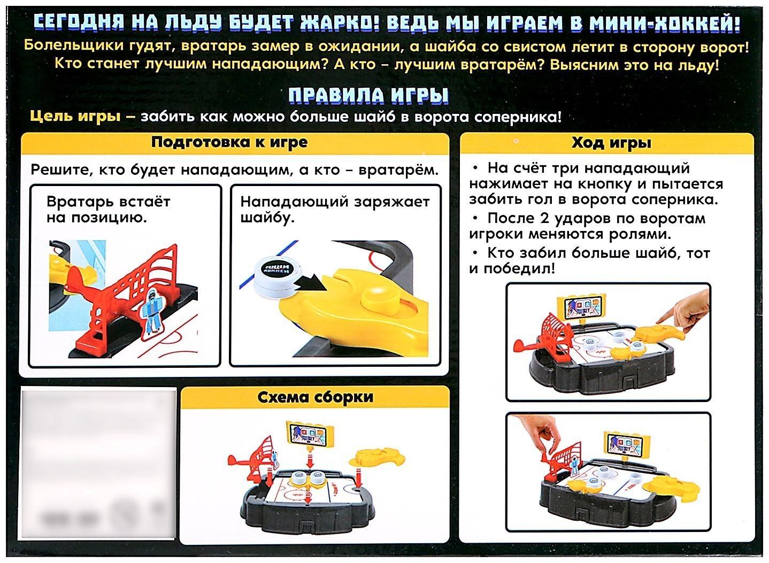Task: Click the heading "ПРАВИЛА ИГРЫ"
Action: [x=368, y=95]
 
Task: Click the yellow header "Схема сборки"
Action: [x=315, y=397]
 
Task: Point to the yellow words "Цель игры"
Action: [x=75, y=117]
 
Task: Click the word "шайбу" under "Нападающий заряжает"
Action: [x=268, y=218]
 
